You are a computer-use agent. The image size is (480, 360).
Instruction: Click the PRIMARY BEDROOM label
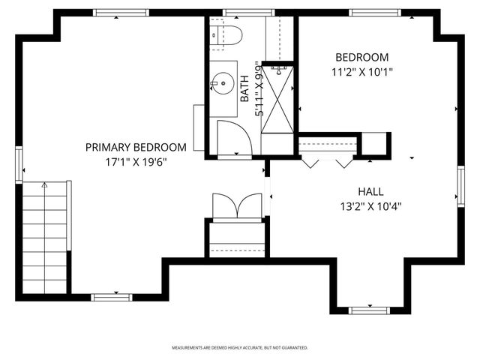coord(135,147)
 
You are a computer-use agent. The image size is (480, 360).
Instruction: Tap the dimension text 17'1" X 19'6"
coord(135,161)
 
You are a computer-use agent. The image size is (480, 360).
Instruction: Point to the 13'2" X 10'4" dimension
coord(370,205)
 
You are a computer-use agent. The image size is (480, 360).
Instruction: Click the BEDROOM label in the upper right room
coord(361,58)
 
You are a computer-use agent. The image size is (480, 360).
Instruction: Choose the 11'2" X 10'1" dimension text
coord(361,72)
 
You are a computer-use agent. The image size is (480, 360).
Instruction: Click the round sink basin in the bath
coord(223,79)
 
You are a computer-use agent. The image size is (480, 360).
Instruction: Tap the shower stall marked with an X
coord(278,99)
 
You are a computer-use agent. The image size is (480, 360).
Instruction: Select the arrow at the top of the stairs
coord(45,185)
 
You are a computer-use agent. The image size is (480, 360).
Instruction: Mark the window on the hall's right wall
coord(460,185)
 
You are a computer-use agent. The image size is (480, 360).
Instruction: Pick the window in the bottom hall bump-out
coord(369,309)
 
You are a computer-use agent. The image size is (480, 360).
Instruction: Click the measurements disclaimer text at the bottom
coord(240,347)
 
